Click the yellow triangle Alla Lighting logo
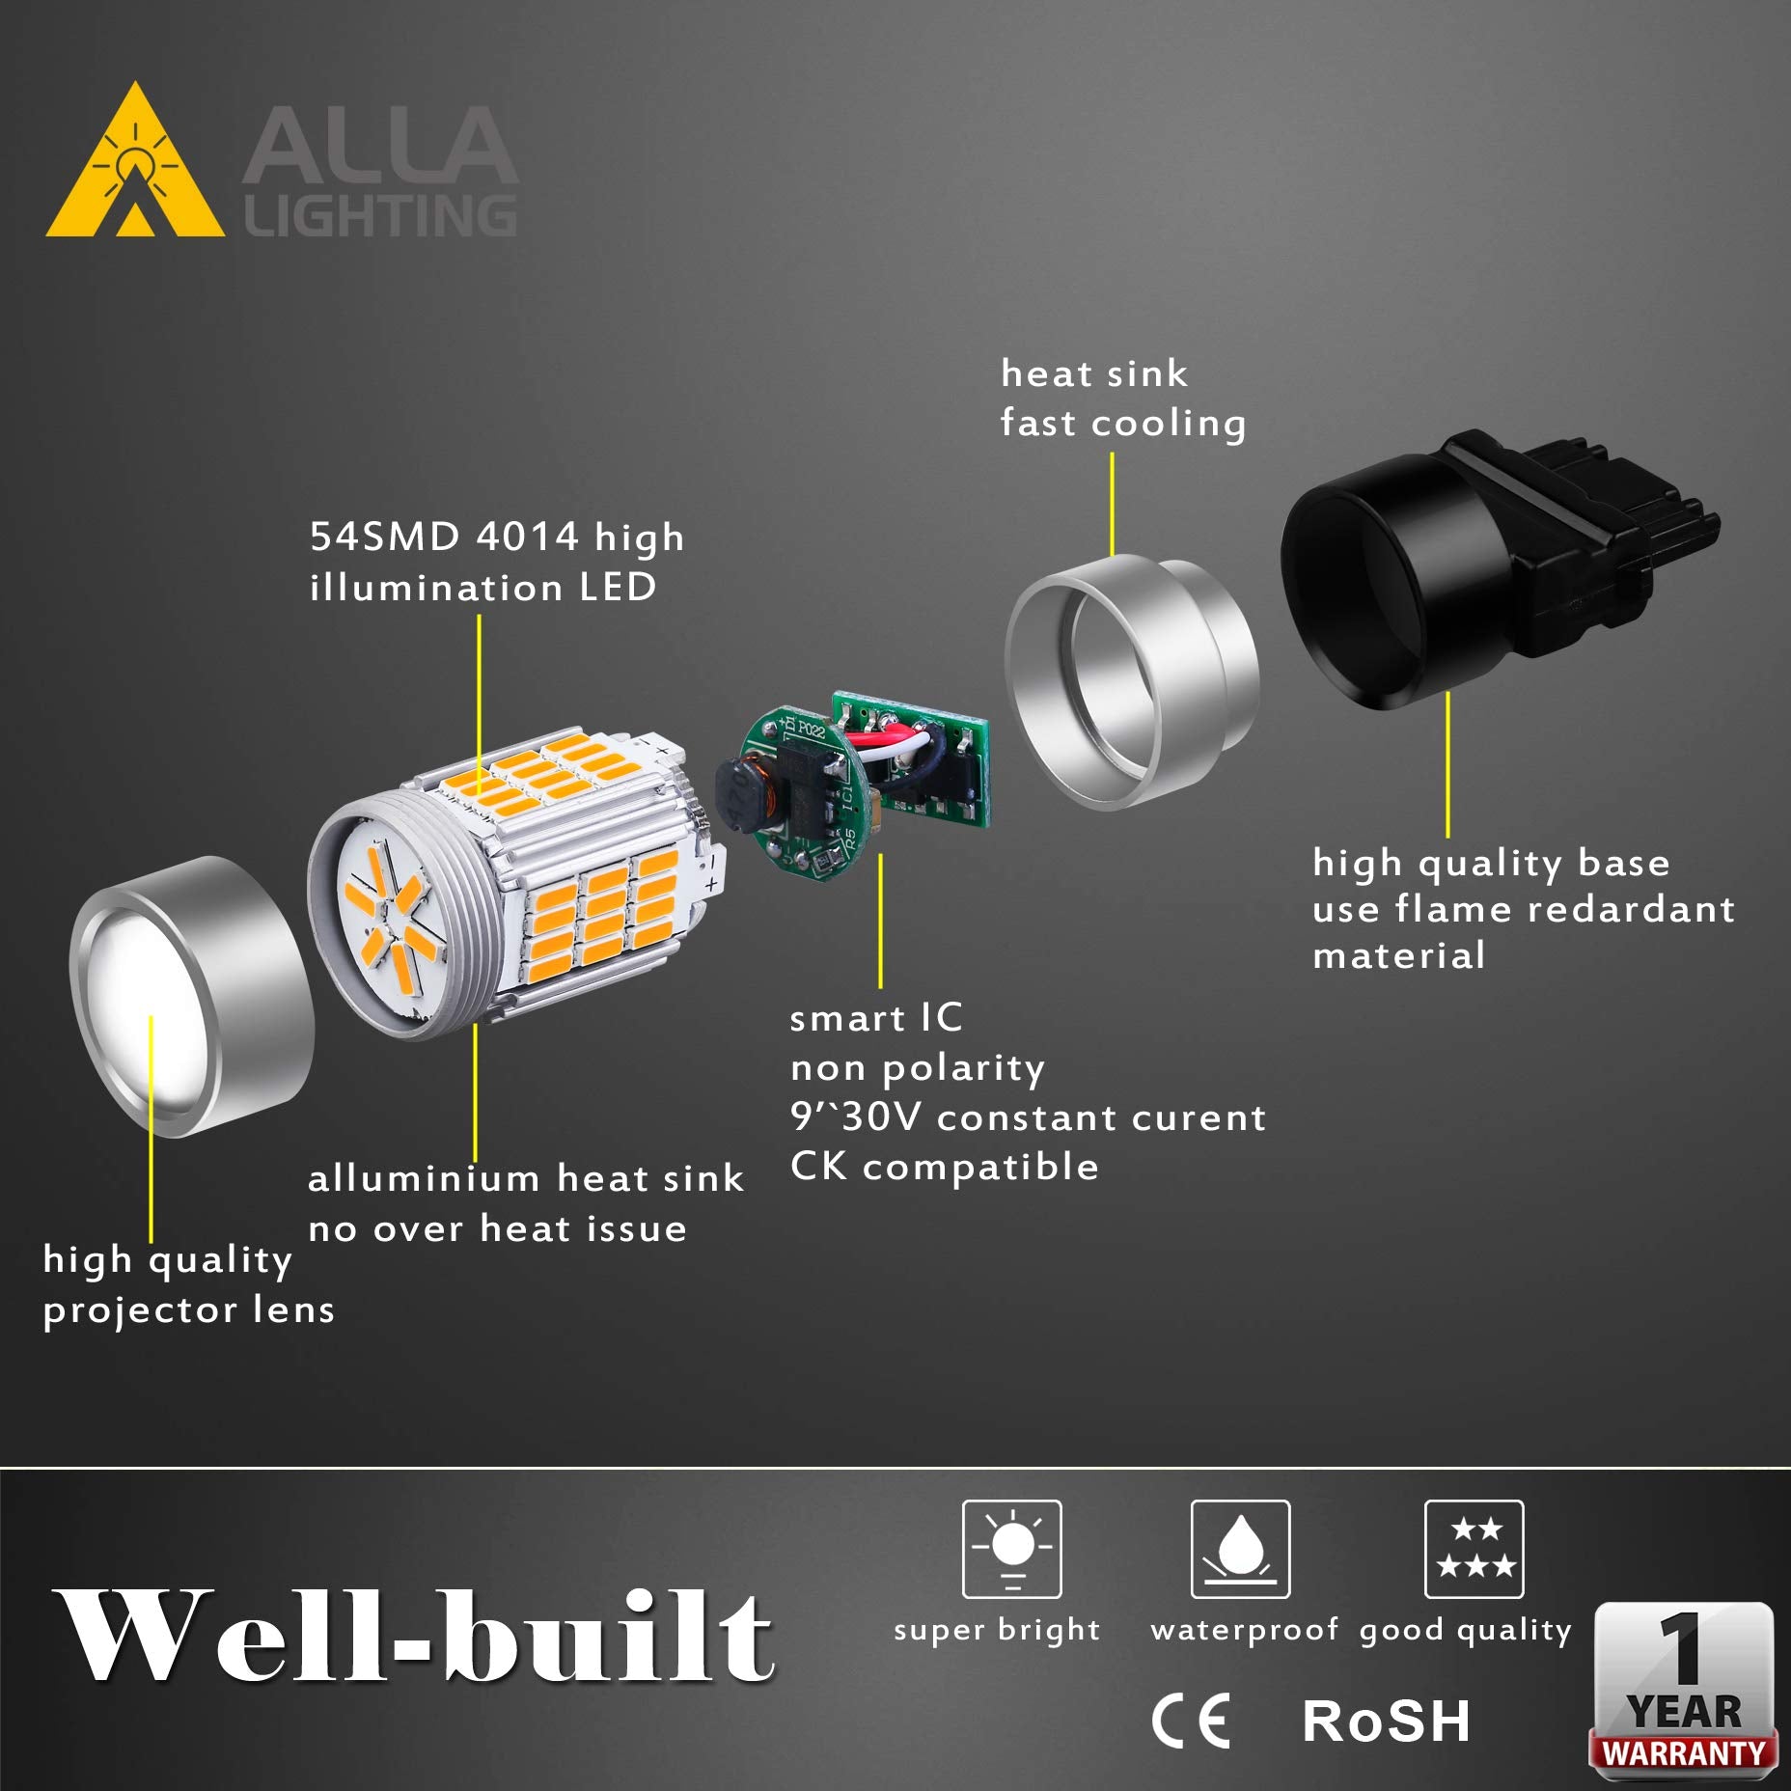135,169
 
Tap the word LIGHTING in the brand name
380,215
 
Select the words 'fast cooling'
1122,423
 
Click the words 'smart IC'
875,1018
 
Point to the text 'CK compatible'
944,1167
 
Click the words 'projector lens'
188,1309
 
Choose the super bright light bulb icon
1011,1549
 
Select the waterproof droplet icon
1240,1549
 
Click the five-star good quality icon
1474,1549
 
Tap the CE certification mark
1192,1721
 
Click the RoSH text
1386,1721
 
